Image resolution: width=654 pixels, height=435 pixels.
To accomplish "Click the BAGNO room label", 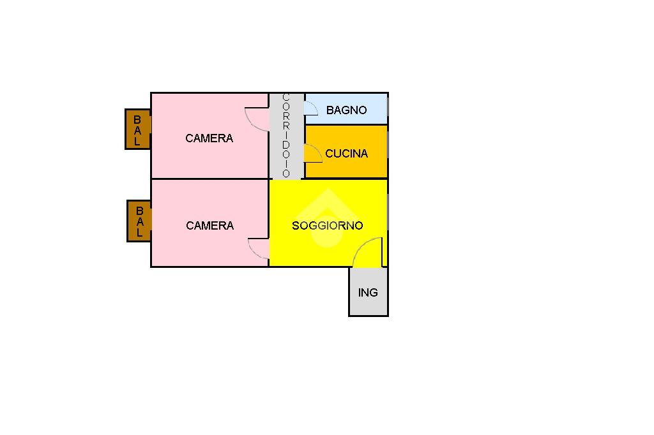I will (346, 110).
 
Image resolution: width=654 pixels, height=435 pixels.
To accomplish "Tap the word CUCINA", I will (346, 154).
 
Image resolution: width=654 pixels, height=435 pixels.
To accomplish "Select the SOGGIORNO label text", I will (327, 226).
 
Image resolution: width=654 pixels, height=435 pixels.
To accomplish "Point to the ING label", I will (368, 293).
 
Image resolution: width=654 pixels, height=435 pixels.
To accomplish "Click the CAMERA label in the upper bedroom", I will (209, 138).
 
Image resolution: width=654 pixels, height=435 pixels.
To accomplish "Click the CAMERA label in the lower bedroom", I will (209, 226).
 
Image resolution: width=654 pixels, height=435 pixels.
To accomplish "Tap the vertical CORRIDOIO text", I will (286, 136).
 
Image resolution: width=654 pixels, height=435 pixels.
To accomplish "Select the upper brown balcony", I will (137, 129).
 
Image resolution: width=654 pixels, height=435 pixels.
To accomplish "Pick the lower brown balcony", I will (139, 221).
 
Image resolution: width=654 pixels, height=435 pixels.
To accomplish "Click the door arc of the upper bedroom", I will (257, 120).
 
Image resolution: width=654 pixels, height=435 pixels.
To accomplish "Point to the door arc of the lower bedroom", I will (258, 249).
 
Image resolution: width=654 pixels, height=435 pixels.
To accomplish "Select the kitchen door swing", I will (312, 153).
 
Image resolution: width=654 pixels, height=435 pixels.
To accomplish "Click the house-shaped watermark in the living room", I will (326, 217).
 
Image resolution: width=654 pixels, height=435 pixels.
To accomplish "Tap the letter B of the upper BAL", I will (137, 119).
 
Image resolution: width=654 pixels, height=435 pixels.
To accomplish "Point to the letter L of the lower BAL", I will (139, 233).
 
